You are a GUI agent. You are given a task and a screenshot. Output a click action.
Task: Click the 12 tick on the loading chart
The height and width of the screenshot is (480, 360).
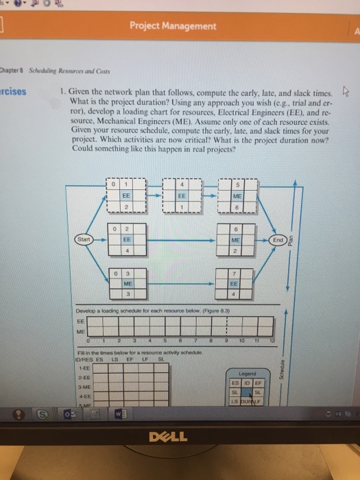point(272,338)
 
